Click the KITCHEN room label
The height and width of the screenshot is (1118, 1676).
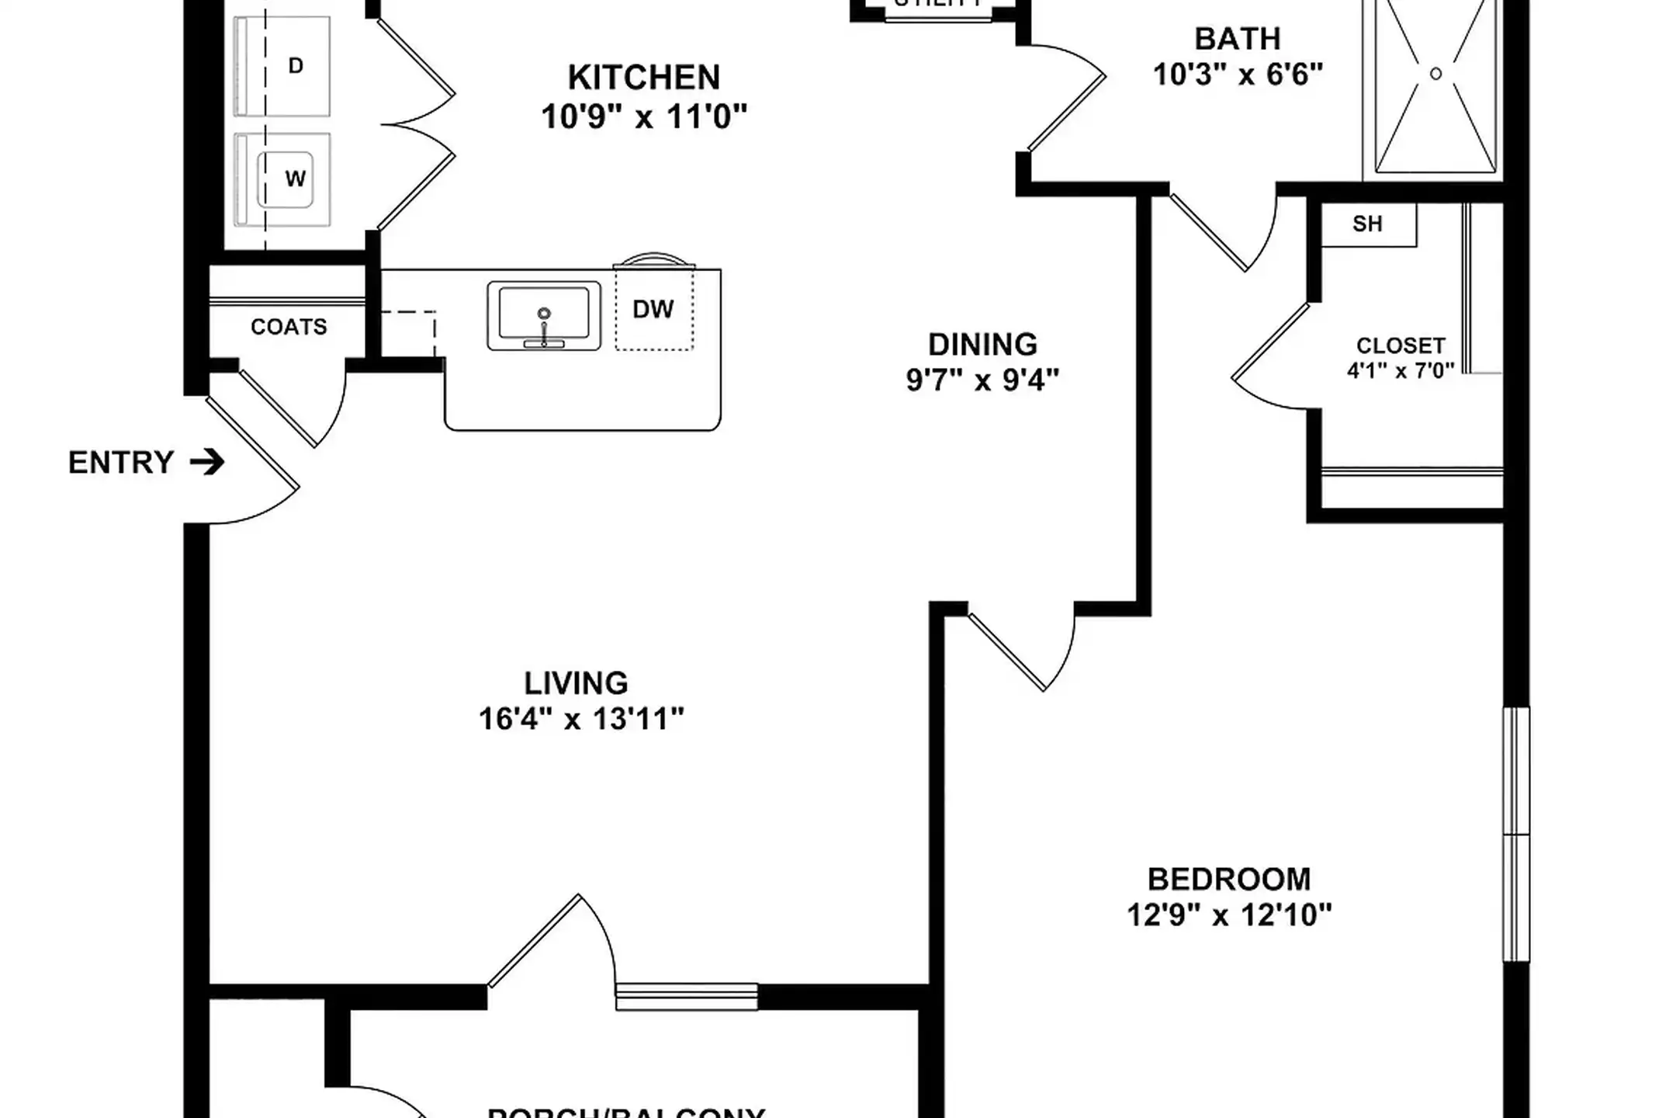pos(644,78)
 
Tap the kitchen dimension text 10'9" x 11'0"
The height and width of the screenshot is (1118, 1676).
pos(644,117)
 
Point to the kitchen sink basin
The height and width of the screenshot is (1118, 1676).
pos(544,313)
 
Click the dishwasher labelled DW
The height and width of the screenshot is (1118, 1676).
pos(653,310)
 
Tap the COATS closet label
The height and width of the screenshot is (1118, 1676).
pos(289,327)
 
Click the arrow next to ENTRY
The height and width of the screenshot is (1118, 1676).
pos(207,463)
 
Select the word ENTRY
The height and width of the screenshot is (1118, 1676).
pos(121,463)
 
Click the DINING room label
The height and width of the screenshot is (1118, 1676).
pos(982,345)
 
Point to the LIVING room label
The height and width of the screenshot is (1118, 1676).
pos(576,683)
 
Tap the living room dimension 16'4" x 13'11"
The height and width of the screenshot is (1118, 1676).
pos(581,719)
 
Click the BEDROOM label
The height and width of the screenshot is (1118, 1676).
pos(1229,880)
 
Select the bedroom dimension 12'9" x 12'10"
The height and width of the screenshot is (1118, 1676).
pos(1229,915)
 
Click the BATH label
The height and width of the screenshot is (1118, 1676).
pos(1237,39)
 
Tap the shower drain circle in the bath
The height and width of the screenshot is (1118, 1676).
pos(1435,74)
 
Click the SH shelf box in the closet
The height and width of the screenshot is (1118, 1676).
pos(1368,224)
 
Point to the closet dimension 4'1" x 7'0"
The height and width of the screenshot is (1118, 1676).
pos(1401,371)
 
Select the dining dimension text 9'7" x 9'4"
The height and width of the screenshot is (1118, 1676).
pos(982,380)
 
